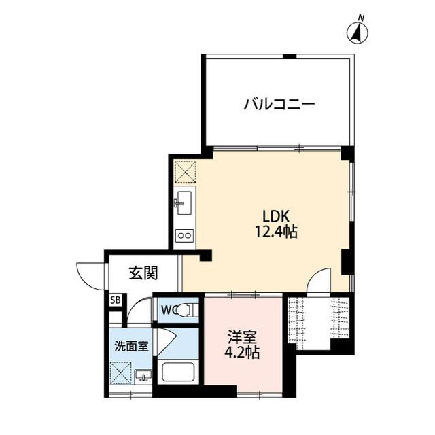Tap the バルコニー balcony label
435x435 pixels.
point(279,105)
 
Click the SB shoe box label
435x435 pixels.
point(115,300)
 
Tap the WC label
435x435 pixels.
point(168,311)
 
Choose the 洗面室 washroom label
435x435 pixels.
point(130,345)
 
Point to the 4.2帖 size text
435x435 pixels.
point(243,353)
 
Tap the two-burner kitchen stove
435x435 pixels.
point(184,236)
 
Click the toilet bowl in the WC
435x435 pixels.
point(187,311)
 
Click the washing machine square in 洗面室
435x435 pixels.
point(123,374)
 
